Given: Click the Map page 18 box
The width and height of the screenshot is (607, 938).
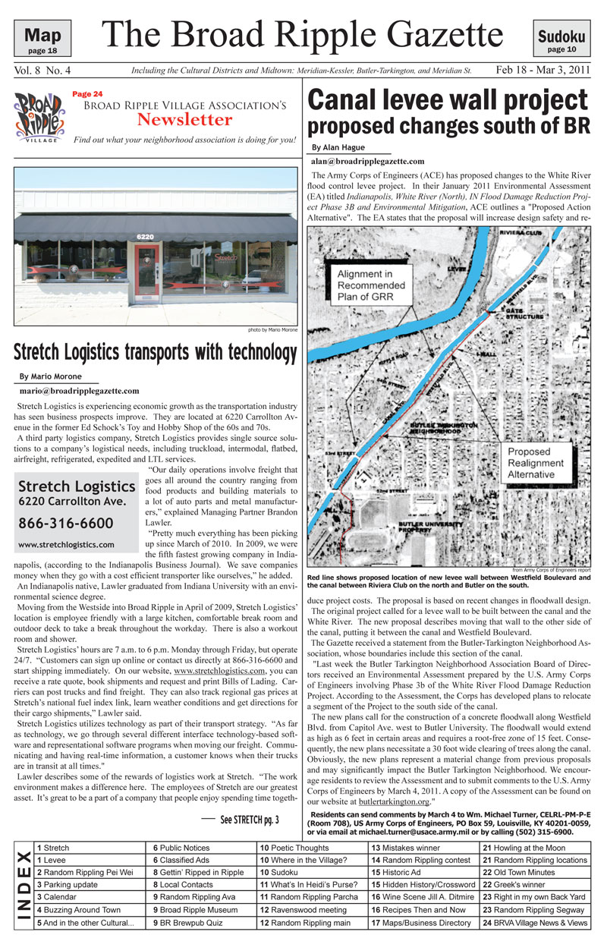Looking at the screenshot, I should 43,38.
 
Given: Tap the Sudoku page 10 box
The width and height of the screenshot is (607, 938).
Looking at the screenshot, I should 561,39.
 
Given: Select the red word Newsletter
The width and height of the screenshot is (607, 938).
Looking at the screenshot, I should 184,119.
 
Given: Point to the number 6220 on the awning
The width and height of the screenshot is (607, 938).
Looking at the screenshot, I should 145,237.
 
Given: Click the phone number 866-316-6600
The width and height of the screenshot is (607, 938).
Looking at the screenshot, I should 65,523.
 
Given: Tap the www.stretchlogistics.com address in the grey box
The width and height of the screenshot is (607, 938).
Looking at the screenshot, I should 66,544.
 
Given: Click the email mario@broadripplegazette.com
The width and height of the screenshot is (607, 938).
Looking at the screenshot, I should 79,391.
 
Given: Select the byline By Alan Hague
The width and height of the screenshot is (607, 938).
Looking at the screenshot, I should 339,147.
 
